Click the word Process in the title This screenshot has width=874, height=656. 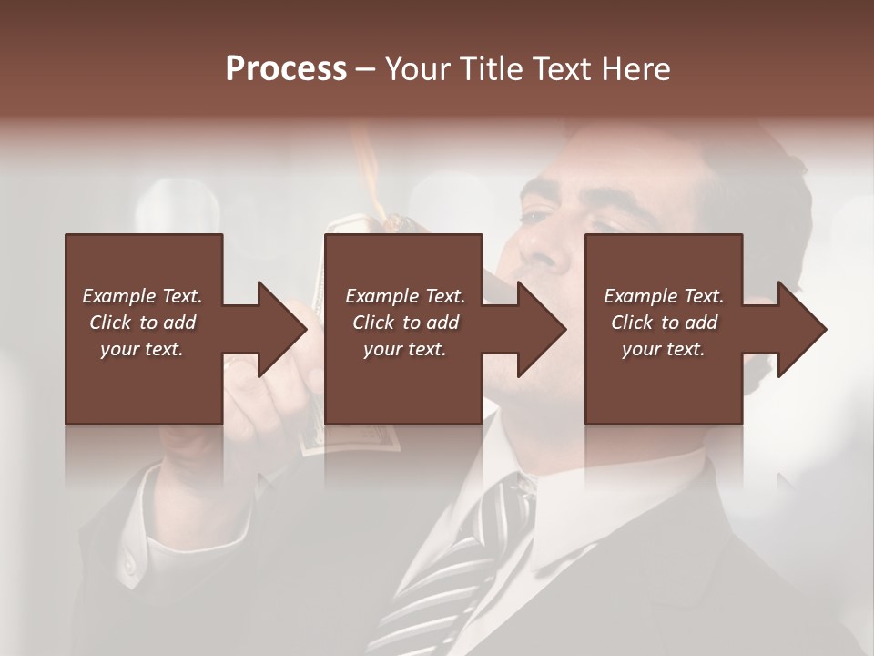[x=286, y=68]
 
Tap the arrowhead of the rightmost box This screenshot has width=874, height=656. [x=802, y=329]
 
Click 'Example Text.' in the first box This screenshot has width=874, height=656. [x=143, y=296]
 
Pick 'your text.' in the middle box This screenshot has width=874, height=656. [x=404, y=349]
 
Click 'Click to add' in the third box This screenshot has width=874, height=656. [x=664, y=323]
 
